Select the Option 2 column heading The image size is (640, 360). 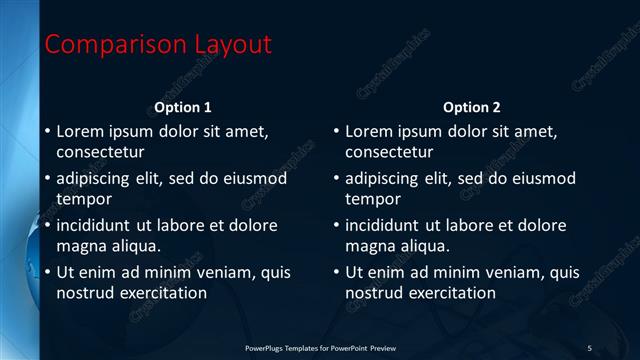[472, 107]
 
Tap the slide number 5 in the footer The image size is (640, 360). [590, 348]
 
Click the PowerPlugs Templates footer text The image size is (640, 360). [320, 348]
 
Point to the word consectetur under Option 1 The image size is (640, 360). [100, 153]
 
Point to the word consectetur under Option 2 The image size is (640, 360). [389, 153]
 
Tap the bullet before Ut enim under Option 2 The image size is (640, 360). [336, 272]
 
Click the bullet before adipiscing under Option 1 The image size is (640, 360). [47, 179]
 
